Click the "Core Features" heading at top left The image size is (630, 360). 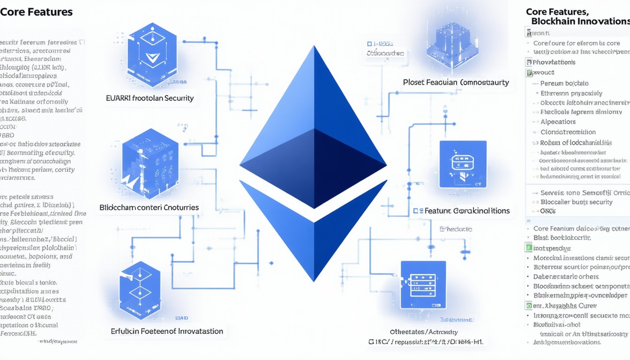pyautogui.click(x=37, y=12)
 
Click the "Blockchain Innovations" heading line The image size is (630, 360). pyautogui.click(x=580, y=22)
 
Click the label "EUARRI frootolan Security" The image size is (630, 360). pyautogui.click(x=150, y=99)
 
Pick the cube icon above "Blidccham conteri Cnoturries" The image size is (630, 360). pyautogui.click(x=150, y=162)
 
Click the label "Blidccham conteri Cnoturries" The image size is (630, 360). pyautogui.click(x=149, y=207)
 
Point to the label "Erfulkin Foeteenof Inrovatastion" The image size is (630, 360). pyautogui.click(x=167, y=331)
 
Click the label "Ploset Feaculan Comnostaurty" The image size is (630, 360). pyautogui.click(x=456, y=82)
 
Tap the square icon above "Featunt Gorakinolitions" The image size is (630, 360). pyautogui.click(x=463, y=165)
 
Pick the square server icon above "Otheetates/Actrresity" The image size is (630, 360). pyautogui.click(x=423, y=285)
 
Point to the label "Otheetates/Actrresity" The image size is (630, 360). pyautogui.click(x=424, y=332)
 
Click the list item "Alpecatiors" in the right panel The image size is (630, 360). pyautogui.click(x=558, y=122)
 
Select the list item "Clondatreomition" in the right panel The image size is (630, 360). pyautogui.click(x=568, y=132)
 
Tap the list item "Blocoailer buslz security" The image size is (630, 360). pyautogui.click(x=577, y=202)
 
